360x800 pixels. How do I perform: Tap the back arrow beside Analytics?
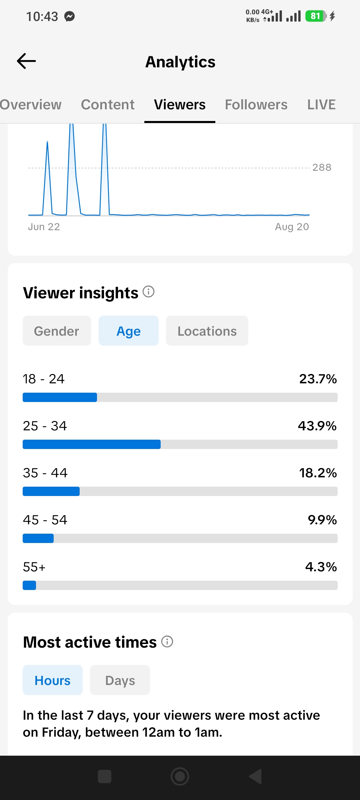[26, 61]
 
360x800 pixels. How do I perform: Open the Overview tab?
[31, 105]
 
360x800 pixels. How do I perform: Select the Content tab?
[108, 105]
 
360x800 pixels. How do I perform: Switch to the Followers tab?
[256, 105]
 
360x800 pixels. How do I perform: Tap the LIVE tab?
[321, 105]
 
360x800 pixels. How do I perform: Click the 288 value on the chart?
[322, 167]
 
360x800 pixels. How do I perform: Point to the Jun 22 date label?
[44, 227]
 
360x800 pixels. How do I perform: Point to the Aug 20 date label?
[292, 227]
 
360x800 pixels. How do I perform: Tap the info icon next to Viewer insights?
[149, 292]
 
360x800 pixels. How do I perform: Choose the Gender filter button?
[57, 331]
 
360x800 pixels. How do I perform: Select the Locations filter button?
[207, 331]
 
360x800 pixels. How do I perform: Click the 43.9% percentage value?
[317, 426]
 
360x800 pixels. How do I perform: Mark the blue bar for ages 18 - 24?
[60, 397]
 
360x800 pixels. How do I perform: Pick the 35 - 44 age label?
[45, 473]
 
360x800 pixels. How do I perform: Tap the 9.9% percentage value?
[322, 520]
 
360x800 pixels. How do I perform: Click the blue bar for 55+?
[29, 585]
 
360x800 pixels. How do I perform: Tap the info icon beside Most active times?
[167, 641]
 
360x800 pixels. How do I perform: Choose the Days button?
[120, 680]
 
